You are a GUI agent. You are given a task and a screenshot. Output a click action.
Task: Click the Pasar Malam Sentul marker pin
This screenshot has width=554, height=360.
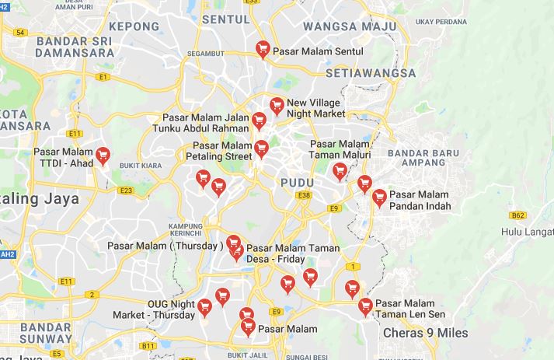(263, 48)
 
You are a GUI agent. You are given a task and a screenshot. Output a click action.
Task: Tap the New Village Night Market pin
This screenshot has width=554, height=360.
(277, 106)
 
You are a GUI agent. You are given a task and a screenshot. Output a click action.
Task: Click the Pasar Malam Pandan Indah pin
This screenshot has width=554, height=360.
(379, 197)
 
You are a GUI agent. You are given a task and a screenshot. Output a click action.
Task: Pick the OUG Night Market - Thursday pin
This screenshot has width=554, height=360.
(205, 307)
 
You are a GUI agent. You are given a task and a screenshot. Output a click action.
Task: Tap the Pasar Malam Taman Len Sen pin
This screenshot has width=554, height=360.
(365, 306)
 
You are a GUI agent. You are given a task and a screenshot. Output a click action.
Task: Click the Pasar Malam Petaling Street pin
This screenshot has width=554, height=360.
(261, 149)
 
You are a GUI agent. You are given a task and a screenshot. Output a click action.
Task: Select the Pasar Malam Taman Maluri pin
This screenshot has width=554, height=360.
(340, 171)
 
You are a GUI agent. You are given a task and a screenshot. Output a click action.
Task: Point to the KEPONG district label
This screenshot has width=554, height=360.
(134, 26)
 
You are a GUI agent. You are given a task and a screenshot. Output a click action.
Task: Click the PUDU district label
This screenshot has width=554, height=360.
(294, 181)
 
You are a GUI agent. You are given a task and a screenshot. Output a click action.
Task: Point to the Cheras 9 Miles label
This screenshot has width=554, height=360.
(426, 333)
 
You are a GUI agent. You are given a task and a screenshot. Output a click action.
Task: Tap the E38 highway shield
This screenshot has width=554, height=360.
(304, 195)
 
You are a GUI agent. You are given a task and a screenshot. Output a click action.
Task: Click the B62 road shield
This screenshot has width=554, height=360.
(518, 215)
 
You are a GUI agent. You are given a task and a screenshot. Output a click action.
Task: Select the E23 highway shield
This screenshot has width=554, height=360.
(126, 190)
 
